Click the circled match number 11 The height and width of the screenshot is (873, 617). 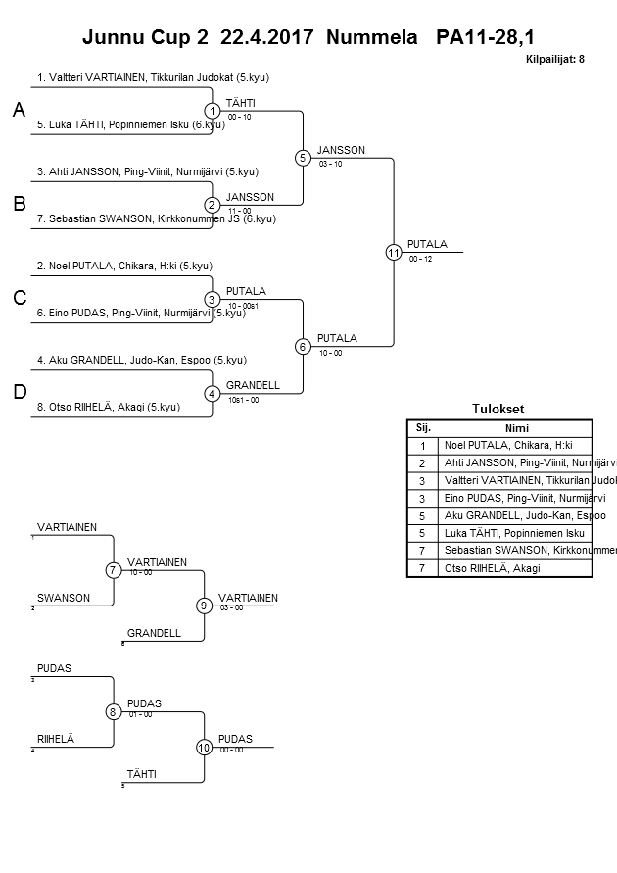(394, 252)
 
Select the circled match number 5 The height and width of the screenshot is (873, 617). (304, 158)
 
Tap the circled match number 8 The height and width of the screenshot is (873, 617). (114, 712)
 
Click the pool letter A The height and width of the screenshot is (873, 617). (19, 112)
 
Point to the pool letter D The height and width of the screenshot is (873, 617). (19, 392)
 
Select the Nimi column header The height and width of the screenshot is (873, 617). (516, 427)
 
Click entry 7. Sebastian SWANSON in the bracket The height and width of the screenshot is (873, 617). (157, 218)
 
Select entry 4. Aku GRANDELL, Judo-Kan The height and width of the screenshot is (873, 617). (141, 360)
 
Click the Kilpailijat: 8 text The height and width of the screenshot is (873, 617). (555, 60)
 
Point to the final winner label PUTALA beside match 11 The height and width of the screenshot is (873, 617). (427, 244)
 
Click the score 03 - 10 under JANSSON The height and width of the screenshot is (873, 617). (330, 164)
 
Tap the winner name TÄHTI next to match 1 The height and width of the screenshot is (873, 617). (240, 103)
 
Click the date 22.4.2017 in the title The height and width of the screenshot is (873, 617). (267, 37)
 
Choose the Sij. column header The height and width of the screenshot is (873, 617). (423, 427)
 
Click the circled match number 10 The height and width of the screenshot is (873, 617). (204, 748)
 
